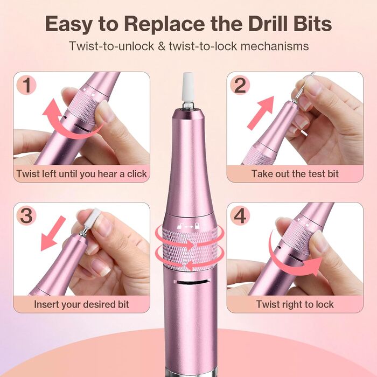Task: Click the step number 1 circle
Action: pyautogui.click(x=26, y=85)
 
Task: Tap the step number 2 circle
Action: pyautogui.click(x=240, y=85)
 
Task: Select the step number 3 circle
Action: pyautogui.click(x=26, y=215)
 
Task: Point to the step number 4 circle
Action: pyautogui.click(x=240, y=215)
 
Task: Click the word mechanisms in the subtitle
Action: pyautogui.click(x=275, y=46)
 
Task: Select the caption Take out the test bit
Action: pyautogui.click(x=295, y=174)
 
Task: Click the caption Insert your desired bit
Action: pyautogui.click(x=81, y=304)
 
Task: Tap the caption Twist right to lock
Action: pyautogui.click(x=295, y=304)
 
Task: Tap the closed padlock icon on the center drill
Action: pyautogui.click(x=197, y=226)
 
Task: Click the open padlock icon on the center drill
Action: pyautogui.click(x=180, y=226)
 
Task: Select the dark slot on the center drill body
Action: pyautogui.click(x=192, y=282)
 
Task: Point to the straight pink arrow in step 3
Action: pyautogui.click(x=52, y=234)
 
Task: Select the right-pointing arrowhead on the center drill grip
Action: pyautogui.click(x=191, y=245)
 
